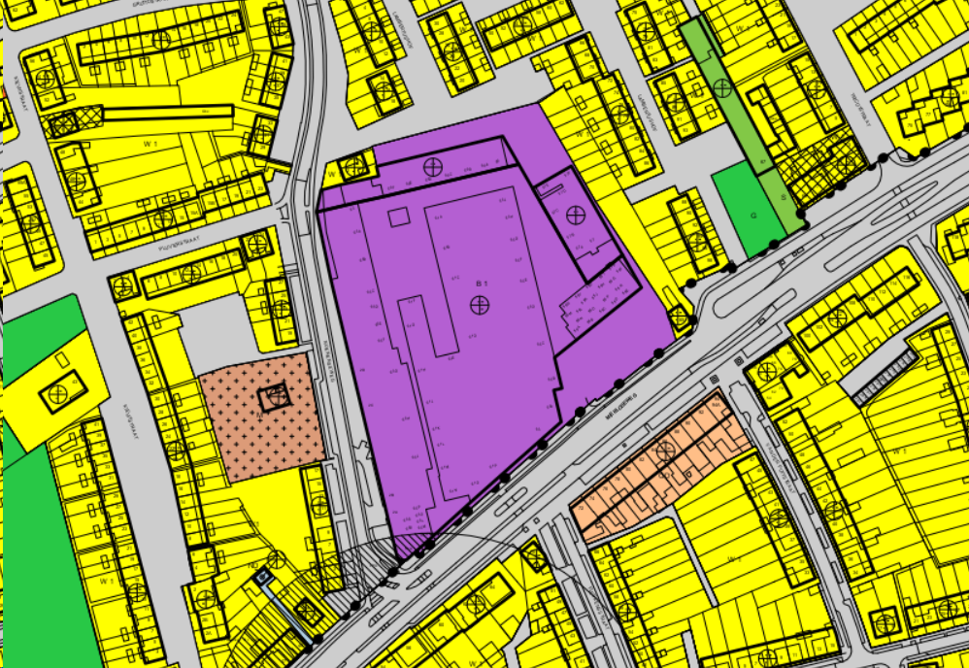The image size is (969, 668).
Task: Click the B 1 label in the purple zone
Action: pos(480,283)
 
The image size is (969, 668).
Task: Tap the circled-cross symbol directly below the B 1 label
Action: pos(479,305)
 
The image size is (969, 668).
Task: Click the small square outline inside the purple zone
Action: pos(399,217)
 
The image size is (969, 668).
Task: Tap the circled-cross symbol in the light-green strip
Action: pos(721,88)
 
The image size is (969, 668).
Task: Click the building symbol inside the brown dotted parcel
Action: pos(275,395)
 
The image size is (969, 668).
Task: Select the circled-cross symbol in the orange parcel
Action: pos(666,450)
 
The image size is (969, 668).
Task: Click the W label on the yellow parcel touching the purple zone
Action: pos(332,176)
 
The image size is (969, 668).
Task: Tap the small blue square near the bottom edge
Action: pos(263,576)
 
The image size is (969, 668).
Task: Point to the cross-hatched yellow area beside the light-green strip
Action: pos(825,167)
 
